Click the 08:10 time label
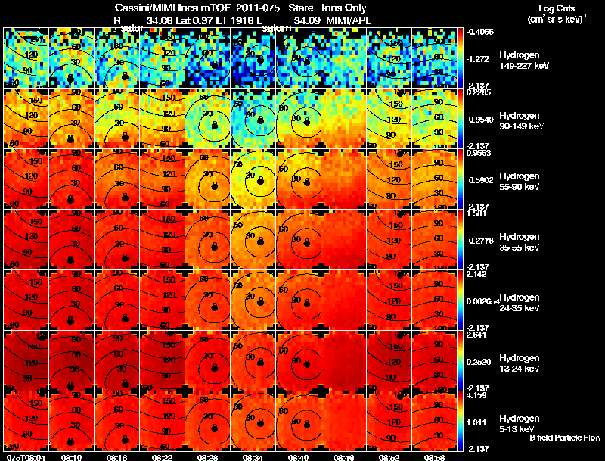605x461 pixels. [x=72, y=457]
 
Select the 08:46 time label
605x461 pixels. [x=344, y=457]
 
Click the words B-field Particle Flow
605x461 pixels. [x=564, y=438]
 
